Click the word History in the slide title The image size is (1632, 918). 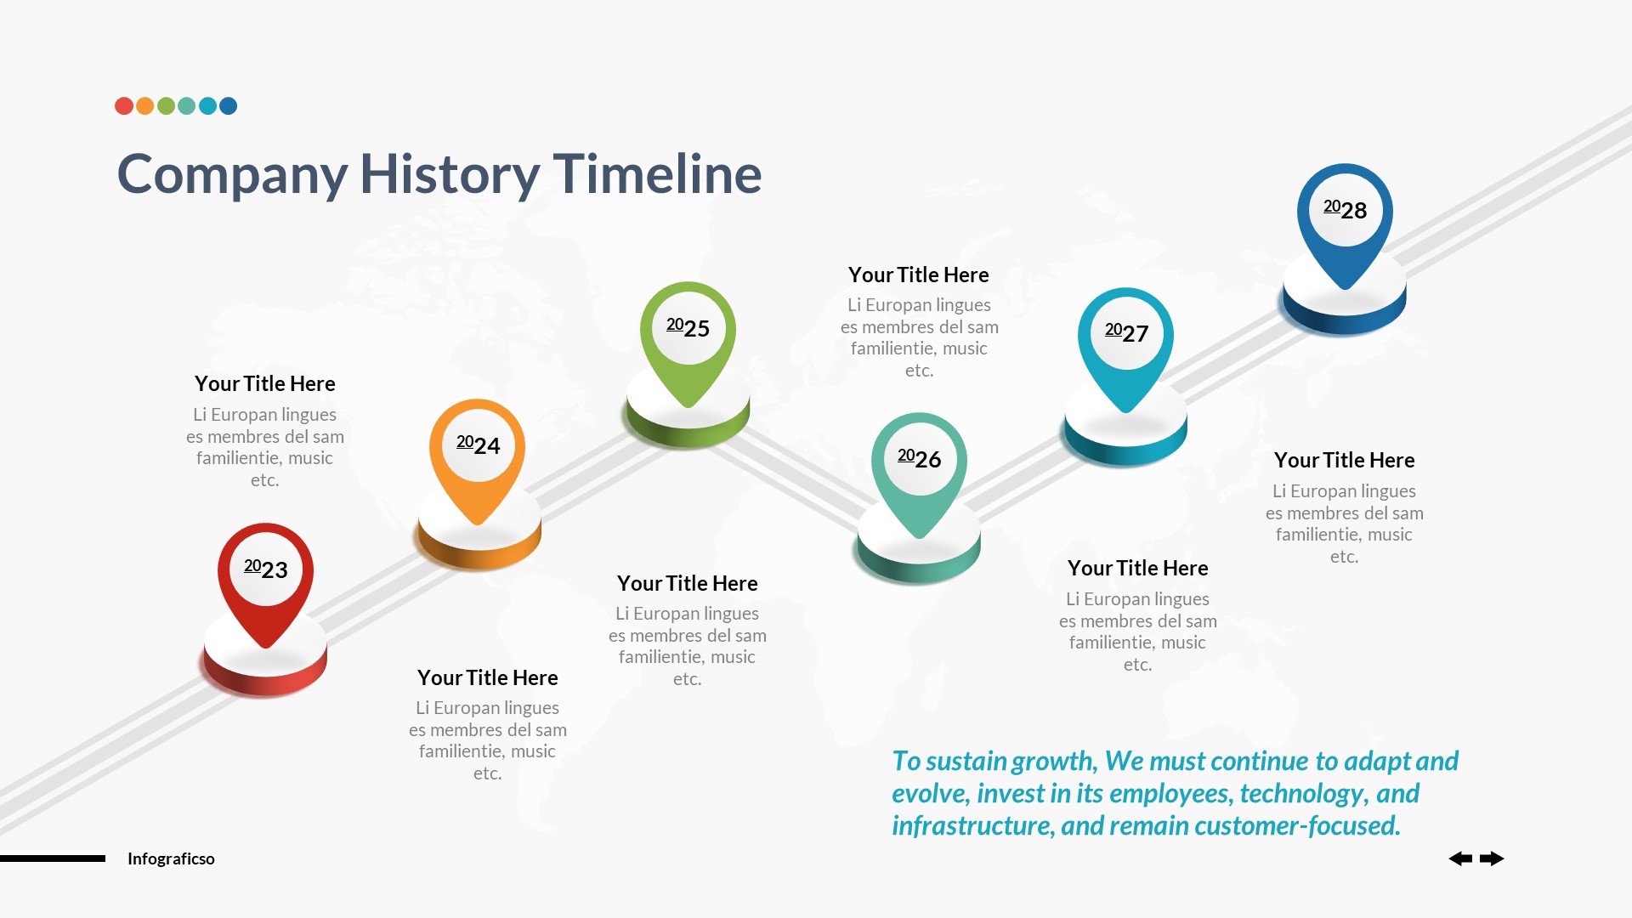450,174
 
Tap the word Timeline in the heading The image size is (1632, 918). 657,174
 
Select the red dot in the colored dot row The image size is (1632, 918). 124,106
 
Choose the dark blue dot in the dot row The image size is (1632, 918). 228,106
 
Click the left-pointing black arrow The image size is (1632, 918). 1460,858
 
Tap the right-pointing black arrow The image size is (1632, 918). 1492,858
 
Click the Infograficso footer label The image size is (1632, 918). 171,858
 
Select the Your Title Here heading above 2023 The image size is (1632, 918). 264,384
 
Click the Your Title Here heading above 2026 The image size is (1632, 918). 918,275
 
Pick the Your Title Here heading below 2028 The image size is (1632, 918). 1344,461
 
